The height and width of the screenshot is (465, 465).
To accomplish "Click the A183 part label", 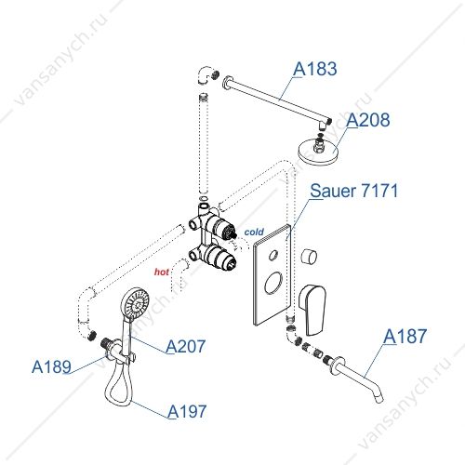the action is pos(315,69).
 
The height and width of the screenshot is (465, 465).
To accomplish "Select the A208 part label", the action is pos(368,120).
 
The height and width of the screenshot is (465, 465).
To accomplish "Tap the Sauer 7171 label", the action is pos(354,191).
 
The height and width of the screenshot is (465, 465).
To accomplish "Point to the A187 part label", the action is pos(405,336).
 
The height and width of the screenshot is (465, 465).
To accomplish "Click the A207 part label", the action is pos(186,346).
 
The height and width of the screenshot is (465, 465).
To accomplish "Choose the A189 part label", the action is pos(51,366).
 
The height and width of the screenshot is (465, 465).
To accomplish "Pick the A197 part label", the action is pos(187,411).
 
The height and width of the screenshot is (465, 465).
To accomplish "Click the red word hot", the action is pos(162,272).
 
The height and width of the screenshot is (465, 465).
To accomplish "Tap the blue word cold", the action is pos(254,232).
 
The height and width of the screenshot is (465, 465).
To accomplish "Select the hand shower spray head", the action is pos(135,303).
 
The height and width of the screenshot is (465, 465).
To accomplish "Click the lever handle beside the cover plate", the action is pos(312,310).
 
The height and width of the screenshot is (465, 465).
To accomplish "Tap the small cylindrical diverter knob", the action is pos(309,257).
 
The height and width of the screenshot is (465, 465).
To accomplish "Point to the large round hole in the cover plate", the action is pos(273,283).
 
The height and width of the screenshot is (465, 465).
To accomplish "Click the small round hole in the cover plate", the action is pos(273,256).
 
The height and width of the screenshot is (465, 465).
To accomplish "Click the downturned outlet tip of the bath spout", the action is pos(379,399).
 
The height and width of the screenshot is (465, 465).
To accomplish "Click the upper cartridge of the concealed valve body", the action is pos(220,229).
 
